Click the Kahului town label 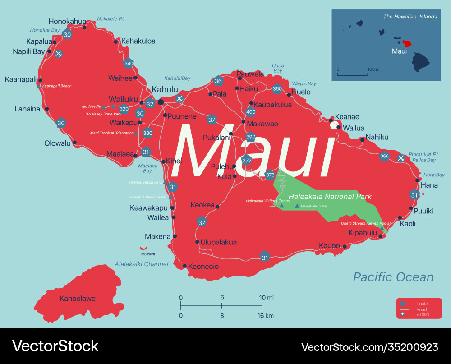coord(166,89)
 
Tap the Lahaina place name coord(27,109)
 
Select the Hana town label coord(429,185)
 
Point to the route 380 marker coord(147,133)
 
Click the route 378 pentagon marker coord(270,175)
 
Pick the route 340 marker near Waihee coord(129,63)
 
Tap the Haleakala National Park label coord(330,197)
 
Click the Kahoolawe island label coord(78,299)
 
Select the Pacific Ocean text coord(393,277)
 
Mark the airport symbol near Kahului coord(179,99)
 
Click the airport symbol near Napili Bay coord(58,54)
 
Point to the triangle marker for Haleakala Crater coord(297,206)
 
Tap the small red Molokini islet coord(144,248)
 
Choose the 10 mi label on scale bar coord(266,298)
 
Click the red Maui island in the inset coord(407,44)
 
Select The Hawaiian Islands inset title coord(410,17)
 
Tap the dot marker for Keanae coord(331,120)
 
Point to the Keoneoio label coord(203,267)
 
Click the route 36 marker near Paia coord(218,81)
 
